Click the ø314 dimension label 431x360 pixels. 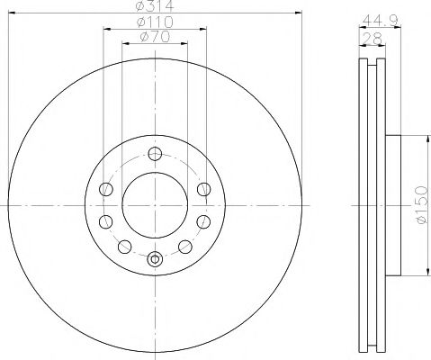[155, 5]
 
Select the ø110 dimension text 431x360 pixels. [155, 22]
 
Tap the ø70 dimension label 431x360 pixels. [155, 37]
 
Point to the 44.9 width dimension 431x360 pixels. [380, 21]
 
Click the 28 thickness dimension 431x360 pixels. [373, 38]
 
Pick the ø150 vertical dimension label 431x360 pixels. [421, 204]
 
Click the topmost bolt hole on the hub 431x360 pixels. [155, 154]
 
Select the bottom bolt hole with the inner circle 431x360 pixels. [155, 259]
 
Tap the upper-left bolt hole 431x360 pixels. [106, 189]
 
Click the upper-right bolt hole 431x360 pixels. [204, 189]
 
